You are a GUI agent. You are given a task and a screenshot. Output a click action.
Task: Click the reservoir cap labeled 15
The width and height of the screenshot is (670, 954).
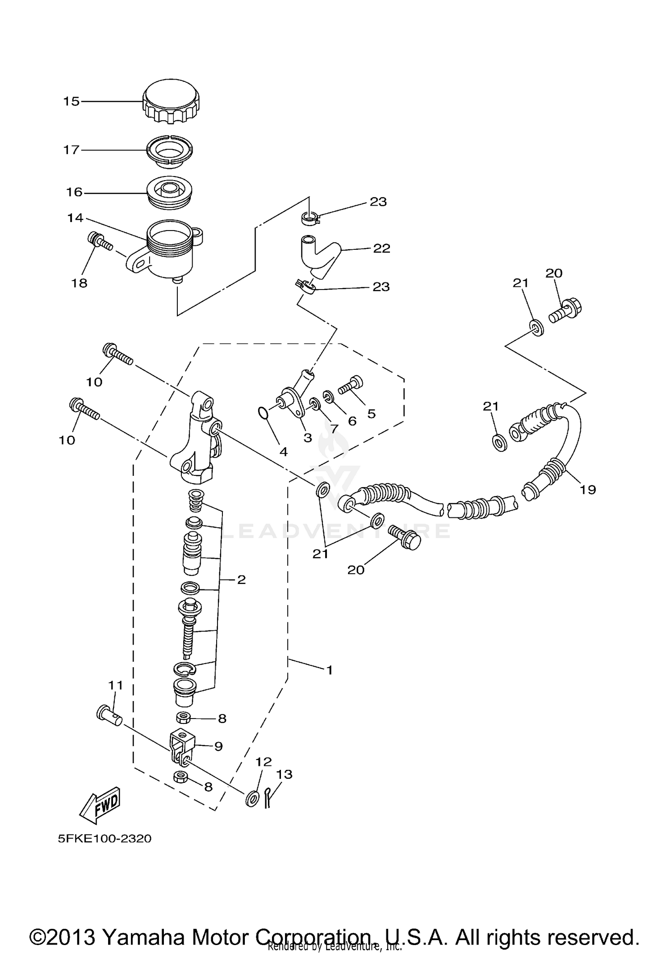[x=171, y=101]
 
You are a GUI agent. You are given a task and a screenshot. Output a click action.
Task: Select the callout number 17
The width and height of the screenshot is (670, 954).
[x=71, y=150]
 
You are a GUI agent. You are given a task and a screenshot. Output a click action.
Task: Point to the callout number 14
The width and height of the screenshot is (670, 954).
[x=75, y=218]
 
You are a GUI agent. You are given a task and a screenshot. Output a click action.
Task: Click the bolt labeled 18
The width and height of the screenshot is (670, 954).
[x=100, y=241]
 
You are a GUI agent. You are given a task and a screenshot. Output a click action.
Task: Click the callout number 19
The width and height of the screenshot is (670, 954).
[x=588, y=490]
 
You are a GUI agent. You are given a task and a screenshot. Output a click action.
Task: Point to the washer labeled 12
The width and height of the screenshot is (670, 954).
[x=252, y=798]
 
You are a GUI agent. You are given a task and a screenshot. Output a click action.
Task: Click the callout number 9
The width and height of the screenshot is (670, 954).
[x=218, y=747]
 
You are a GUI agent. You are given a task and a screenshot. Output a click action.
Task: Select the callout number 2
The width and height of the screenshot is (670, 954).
[x=241, y=580]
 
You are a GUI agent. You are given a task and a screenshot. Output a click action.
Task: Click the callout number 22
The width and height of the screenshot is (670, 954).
[x=381, y=248]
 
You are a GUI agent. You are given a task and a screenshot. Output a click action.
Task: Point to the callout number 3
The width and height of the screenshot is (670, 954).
[x=307, y=438]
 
